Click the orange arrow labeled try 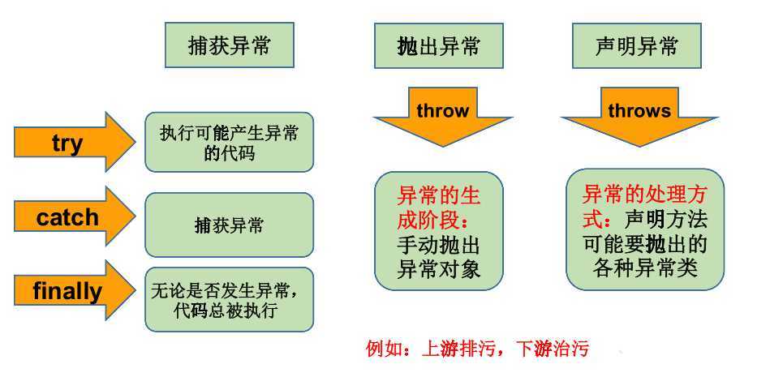(x=74, y=142)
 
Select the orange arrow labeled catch (x=74, y=216)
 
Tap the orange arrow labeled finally (x=74, y=290)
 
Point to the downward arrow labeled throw (x=443, y=117)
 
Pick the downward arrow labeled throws (x=639, y=117)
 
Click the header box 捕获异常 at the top (x=230, y=45)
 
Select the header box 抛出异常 (x=438, y=45)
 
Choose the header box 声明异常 (x=636, y=45)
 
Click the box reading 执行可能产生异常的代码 (x=229, y=142)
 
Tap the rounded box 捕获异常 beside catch (x=229, y=225)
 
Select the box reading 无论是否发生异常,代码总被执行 (x=229, y=299)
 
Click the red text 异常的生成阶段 (x=438, y=208)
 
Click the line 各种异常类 (x=645, y=268)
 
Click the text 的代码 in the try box (x=230, y=153)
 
